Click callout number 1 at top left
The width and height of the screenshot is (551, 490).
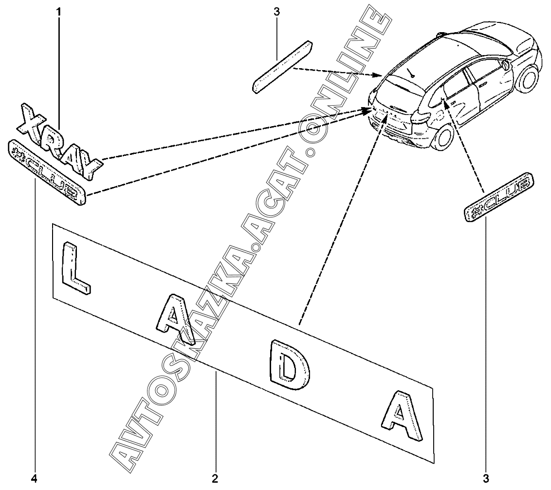pos(59,12)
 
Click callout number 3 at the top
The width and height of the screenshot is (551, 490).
pos(276,12)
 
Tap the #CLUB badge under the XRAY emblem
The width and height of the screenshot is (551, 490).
pos(46,172)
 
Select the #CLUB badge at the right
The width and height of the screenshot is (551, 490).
pos(499,197)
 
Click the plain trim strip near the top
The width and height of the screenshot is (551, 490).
pos(283,67)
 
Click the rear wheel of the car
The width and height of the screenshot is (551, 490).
pos(441,137)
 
